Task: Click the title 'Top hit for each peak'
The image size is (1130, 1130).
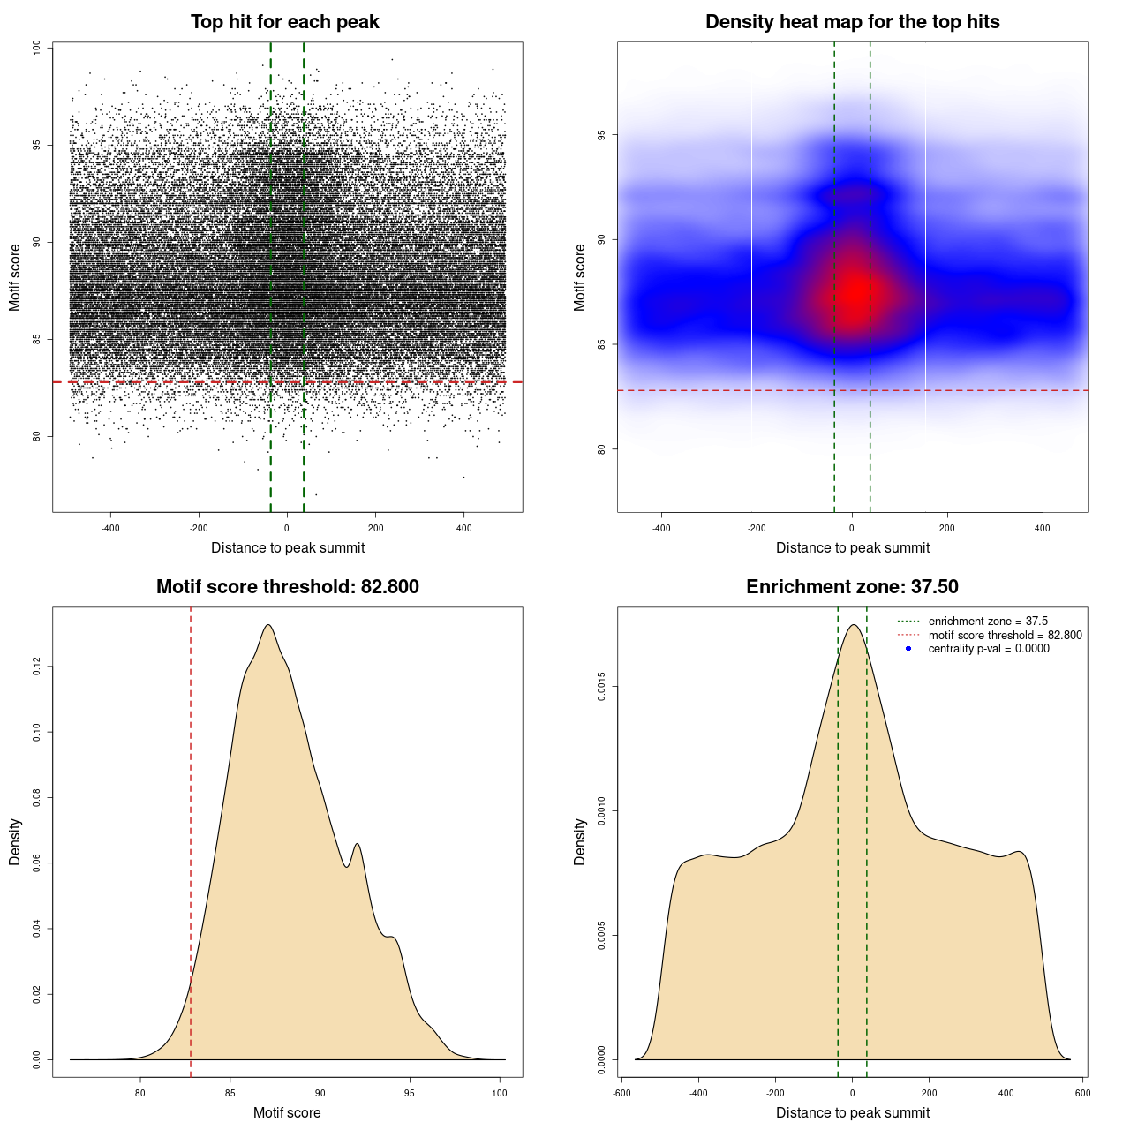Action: point(285,22)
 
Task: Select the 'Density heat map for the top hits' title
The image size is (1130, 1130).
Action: point(852,22)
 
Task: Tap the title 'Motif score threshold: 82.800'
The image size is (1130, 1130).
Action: point(287,587)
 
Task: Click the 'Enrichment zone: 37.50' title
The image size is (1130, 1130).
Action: point(852,587)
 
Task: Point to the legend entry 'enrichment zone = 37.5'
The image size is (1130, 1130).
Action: point(988,621)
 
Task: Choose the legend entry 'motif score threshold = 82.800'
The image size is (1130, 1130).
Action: point(1005,635)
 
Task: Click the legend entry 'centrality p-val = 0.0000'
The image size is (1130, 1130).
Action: point(989,649)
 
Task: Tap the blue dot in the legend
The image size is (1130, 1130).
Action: point(908,649)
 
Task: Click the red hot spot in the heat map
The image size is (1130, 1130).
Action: point(854,291)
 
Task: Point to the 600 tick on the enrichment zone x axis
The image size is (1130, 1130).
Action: point(1083,1093)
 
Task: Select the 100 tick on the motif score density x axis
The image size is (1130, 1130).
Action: point(501,1093)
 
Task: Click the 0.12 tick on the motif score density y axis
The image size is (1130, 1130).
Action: point(37,667)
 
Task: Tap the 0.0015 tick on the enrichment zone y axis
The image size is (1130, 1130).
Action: point(602,687)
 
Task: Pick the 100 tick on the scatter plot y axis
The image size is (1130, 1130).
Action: point(37,48)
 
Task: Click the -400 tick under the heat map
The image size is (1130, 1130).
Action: point(661,528)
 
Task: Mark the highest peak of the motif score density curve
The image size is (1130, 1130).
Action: point(267,625)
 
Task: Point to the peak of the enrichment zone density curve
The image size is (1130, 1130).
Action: point(853,625)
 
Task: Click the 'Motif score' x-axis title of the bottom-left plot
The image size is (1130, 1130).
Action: point(287,1112)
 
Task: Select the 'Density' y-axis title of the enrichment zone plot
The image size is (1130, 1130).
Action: point(580,841)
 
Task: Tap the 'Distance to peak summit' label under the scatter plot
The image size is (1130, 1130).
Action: point(288,547)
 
